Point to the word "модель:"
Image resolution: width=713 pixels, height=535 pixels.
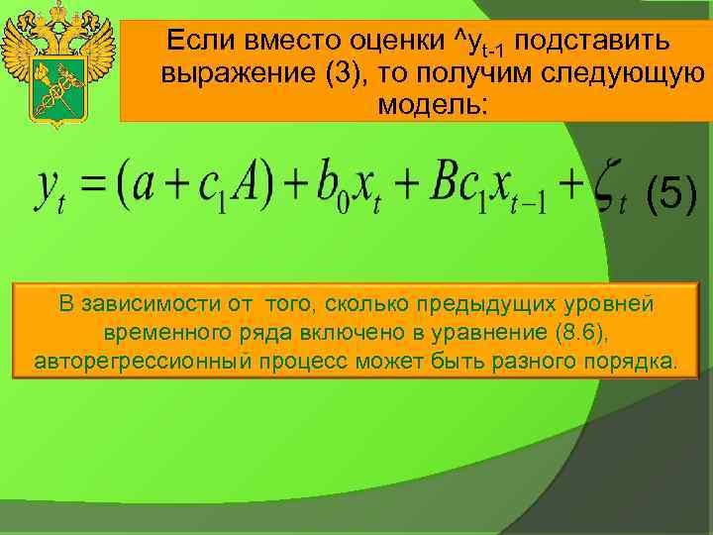433,106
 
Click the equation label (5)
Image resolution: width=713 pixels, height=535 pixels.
670,196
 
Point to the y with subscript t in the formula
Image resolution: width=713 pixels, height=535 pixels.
55,188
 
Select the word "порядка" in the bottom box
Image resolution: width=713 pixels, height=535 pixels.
630,359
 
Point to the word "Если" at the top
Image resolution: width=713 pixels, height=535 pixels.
196,41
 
